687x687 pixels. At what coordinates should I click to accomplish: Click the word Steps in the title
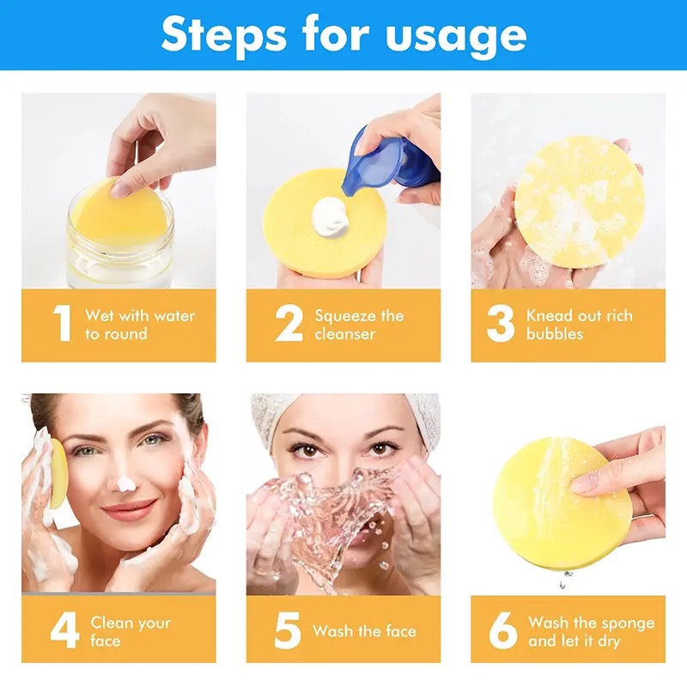(224, 35)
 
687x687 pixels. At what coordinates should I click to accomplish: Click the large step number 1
(62, 323)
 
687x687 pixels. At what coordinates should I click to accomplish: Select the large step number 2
(289, 323)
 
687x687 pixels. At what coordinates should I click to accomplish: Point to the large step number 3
(501, 323)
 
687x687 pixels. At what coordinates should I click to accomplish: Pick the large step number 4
(65, 630)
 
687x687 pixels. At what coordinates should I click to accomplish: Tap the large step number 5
(288, 630)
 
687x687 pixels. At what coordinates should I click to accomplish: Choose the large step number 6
(503, 630)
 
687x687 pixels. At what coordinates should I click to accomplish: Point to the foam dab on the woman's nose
(126, 483)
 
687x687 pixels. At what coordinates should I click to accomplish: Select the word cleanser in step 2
(345, 334)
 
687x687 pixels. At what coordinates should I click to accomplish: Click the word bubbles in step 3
(555, 334)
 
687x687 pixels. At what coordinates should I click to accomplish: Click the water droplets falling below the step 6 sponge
(565, 578)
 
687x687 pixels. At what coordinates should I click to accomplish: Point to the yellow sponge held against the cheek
(58, 474)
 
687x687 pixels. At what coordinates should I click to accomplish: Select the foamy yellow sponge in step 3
(579, 203)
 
